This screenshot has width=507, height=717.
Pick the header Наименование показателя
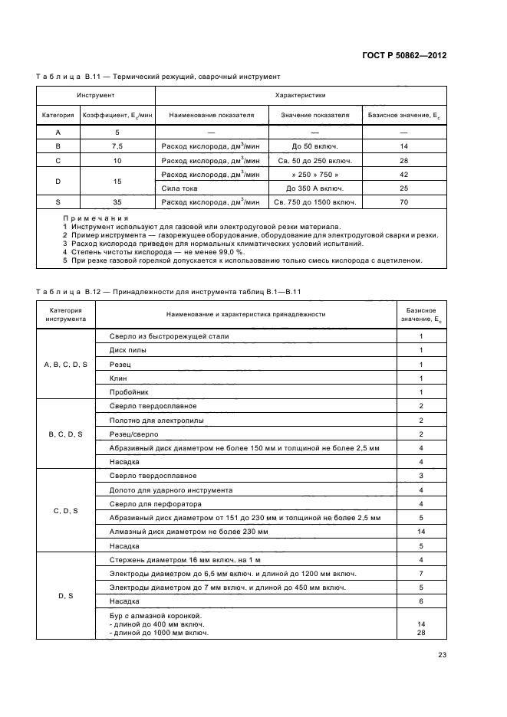coord(211,116)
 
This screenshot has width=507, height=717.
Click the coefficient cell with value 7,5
coord(117,146)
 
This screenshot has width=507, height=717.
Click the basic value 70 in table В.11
coord(403,202)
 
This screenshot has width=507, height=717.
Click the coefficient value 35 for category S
coord(117,202)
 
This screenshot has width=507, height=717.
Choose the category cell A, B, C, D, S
coord(65,364)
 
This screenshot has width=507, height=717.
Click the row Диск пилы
coord(128,350)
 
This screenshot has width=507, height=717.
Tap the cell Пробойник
coord(130,391)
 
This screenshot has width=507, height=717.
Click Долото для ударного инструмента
coord(171,489)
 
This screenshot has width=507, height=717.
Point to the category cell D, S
coord(65,594)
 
